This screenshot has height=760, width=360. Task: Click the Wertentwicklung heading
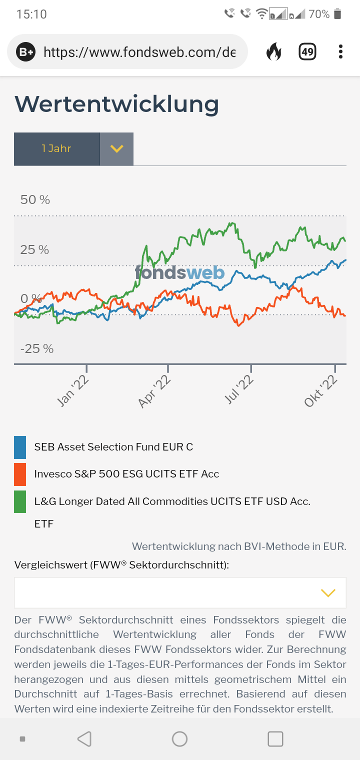click(116, 104)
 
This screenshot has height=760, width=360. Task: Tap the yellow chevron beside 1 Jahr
click(116, 148)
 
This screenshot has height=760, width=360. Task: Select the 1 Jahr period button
click(56, 148)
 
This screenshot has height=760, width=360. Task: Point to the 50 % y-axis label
click(35, 200)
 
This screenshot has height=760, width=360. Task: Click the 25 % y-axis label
click(34, 249)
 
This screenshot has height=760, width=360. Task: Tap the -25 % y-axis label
click(36, 348)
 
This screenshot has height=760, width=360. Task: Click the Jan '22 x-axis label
click(73, 391)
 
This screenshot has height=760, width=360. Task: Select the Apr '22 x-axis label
click(155, 391)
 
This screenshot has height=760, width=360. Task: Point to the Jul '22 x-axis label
click(238, 390)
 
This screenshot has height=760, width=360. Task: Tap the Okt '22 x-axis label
click(320, 391)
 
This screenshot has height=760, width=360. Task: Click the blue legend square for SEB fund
click(20, 447)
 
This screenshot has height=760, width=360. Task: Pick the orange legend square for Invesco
click(20, 474)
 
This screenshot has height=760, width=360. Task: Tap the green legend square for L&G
click(20, 501)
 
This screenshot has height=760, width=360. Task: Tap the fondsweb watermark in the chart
click(179, 272)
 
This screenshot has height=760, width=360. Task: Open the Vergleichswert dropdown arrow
click(328, 593)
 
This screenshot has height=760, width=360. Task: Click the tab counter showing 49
click(307, 51)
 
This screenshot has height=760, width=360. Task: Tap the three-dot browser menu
click(340, 51)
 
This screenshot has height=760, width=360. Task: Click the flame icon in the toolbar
click(273, 51)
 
